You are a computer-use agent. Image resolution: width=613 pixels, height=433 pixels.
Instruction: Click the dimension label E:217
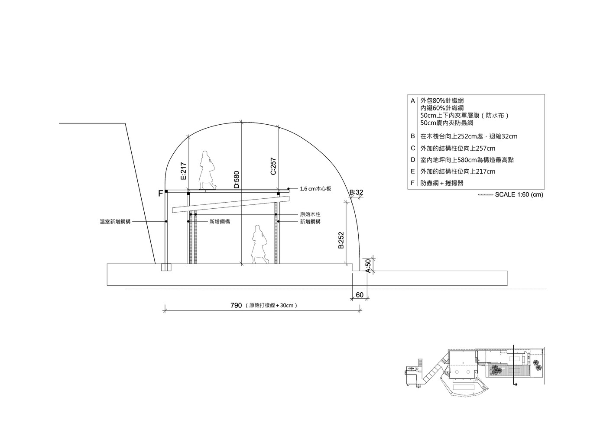[184, 171]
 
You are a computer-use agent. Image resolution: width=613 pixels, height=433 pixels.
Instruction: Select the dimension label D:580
[237, 180]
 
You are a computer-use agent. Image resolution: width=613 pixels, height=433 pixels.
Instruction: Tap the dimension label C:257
[273, 166]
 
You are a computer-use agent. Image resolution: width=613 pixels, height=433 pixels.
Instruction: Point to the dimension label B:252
[341, 240]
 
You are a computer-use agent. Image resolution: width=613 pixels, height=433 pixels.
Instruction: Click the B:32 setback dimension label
[356, 192]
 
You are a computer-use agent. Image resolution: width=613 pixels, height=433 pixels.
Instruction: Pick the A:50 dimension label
[368, 266]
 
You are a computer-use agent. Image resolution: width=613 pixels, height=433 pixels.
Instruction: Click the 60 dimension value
[360, 295]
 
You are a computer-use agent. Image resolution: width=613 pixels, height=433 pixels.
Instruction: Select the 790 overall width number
[236, 305]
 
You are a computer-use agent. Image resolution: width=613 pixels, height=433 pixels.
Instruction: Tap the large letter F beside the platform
[161, 194]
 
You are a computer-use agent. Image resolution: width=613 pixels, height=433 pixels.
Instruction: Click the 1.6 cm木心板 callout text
[315, 189]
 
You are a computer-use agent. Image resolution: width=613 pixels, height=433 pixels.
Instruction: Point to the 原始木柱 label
[310, 214]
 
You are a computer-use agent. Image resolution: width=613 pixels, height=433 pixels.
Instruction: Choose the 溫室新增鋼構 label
[115, 222]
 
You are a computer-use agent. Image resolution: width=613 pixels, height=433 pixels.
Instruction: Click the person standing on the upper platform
[207, 170]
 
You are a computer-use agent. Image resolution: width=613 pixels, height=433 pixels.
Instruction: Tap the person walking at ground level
[259, 244]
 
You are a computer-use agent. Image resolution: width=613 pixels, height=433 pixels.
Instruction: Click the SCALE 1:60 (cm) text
[519, 194]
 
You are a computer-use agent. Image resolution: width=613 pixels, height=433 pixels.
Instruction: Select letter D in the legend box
[413, 160]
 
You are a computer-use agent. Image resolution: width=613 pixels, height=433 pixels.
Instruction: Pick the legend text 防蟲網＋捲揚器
[442, 183]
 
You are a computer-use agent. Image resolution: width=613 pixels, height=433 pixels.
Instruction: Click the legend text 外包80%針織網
[442, 100]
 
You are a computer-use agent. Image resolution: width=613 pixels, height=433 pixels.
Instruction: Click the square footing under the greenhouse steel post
[166, 267]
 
